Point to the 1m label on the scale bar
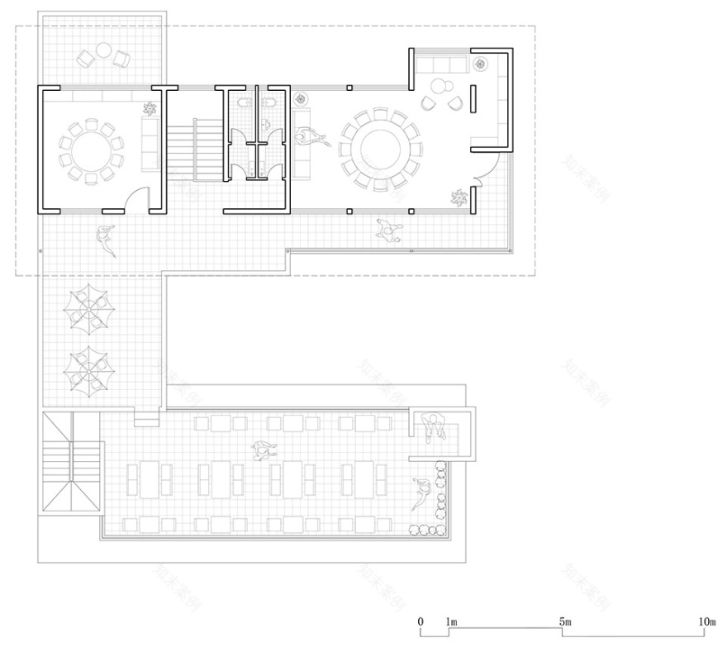pyautogui.click(x=451, y=621)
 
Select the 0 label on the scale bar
pyautogui.click(x=421, y=621)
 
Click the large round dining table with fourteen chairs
pyautogui.click(x=379, y=150)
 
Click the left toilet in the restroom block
pyautogui.click(x=241, y=104)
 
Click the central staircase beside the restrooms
pyautogui.click(x=196, y=149)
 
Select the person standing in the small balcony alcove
pyautogui.click(x=435, y=427)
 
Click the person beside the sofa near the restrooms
pyautogui.click(x=311, y=137)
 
